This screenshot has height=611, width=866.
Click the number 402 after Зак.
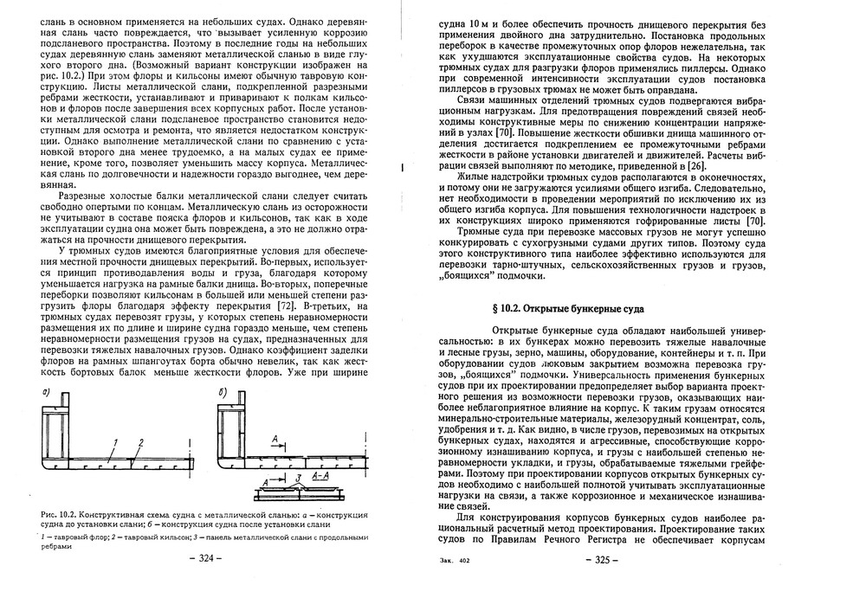pos(465,562)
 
